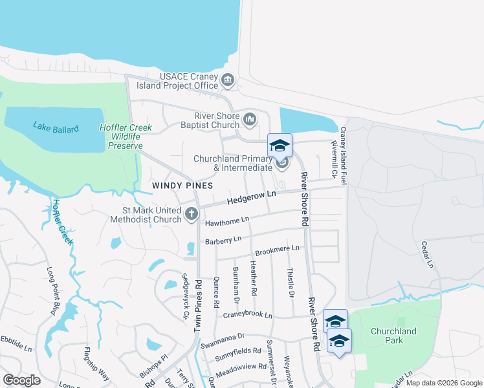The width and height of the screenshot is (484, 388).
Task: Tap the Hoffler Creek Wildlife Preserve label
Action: pyautogui.click(x=126, y=136)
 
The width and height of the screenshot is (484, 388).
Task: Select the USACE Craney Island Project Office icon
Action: pyautogui.click(x=227, y=81)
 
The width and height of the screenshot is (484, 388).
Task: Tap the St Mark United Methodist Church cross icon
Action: pyautogui.click(x=191, y=214)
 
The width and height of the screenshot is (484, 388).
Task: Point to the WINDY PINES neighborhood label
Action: pyautogui.click(x=182, y=186)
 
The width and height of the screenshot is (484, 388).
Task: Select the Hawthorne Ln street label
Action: pyautogui.click(x=227, y=221)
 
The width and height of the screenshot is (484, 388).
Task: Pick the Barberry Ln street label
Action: pyautogui.click(x=223, y=241)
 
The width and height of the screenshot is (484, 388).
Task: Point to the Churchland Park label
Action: pyautogui.click(x=393, y=336)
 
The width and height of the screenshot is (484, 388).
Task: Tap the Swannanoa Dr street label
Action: pyautogui.click(x=222, y=338)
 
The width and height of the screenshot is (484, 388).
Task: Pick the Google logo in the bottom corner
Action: pyautogui.click(x=21, y=380)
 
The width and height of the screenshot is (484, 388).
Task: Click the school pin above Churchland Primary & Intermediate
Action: pyautogui.click(x=280, y=145)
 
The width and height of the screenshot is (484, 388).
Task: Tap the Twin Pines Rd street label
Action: pyautogui.click(x=198, y=306)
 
